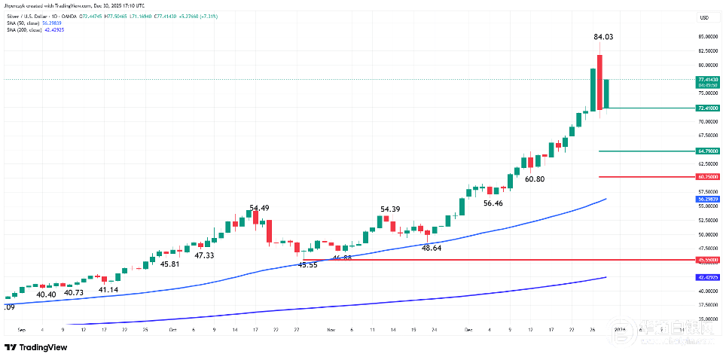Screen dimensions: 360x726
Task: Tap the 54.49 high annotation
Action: [260, 208]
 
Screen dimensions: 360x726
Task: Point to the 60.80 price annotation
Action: [534, 179]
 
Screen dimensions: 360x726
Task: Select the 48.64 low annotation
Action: [432, 248]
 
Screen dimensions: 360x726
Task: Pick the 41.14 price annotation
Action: [108, 290]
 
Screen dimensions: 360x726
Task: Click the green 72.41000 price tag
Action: [709, 108]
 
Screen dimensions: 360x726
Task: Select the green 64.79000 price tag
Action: [709, 151]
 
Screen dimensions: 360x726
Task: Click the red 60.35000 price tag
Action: [709, 177]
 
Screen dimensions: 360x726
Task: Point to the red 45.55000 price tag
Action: [709, 260]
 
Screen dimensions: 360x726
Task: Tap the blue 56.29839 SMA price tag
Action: [709, 200]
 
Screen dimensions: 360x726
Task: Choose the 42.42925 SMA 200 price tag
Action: [709, 277]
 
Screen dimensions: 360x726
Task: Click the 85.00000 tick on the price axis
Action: [707, 36]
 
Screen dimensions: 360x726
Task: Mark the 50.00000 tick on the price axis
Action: [707, 234]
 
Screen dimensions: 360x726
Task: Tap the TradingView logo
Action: [35, 346]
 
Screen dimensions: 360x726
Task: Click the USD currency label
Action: [704, 17]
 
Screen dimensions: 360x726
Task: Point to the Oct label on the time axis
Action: [172, 329]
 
